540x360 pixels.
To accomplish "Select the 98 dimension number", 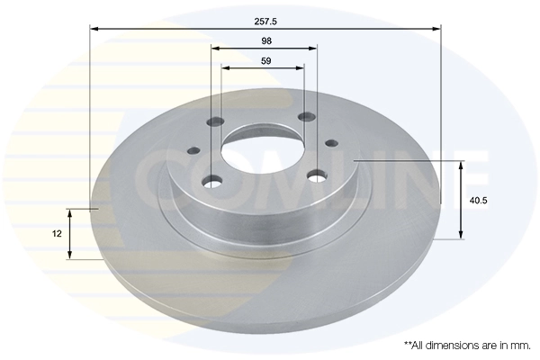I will [265, 40].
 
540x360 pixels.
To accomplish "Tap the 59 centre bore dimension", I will [265, 60].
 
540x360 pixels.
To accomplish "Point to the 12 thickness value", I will [57, 233].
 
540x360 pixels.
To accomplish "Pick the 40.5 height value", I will [478, 201].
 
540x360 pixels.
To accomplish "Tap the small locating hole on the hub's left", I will [193, 152].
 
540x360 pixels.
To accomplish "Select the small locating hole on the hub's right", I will [330, 142].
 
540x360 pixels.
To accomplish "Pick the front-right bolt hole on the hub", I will [316, 175].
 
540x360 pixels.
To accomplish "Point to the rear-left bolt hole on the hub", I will [213, 122].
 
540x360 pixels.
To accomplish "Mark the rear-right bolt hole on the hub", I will [306, 117].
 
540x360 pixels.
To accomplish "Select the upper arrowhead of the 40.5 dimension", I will [462, 166].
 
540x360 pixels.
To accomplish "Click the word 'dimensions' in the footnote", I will [455, 345].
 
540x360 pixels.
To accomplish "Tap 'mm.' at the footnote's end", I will [521, 345].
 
